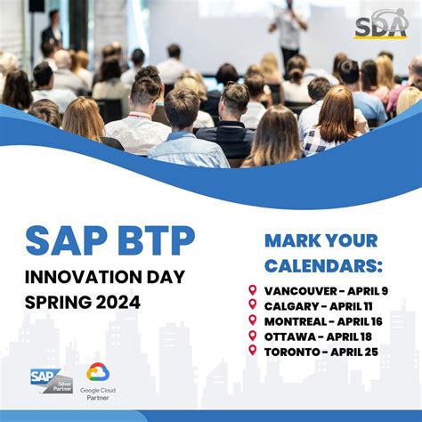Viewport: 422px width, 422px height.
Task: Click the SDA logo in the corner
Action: [x=381, y=24]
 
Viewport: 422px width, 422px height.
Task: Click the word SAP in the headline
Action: [x=61, y=240]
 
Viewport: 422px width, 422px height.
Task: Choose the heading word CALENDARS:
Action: [x=324, y=265]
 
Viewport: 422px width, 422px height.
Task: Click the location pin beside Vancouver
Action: [x=253, y=290]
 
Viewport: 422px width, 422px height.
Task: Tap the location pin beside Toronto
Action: [x=253, y=351]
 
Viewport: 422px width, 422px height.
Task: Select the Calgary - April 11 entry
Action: [x=319, y=305]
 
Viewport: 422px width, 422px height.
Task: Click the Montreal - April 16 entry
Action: [x=323, y=321]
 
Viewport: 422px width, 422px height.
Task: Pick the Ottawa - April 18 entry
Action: [x=319, y=336]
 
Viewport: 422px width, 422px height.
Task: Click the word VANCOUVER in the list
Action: [x=300, y=290]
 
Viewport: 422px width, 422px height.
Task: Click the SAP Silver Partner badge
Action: [x=52, y=380]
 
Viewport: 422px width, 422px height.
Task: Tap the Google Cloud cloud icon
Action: [x=98, y=372]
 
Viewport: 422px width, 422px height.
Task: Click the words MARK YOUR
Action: [x=321, y=240]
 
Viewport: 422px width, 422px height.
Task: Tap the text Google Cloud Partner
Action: [x=98, y=394]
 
